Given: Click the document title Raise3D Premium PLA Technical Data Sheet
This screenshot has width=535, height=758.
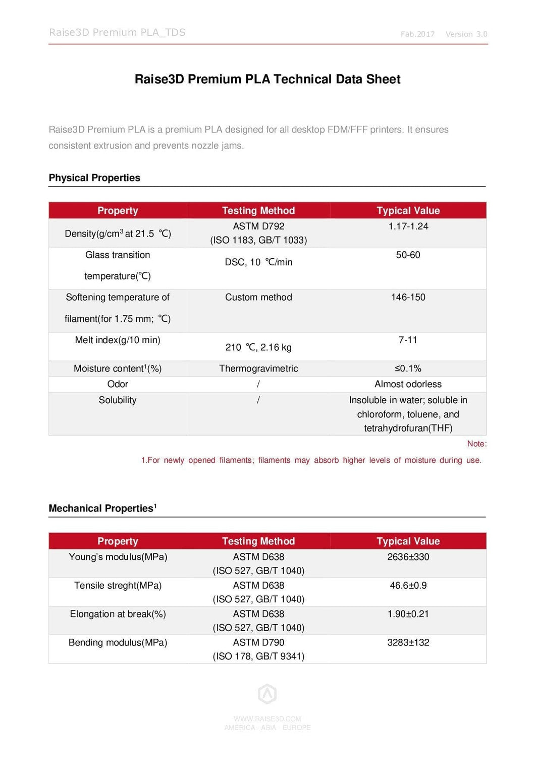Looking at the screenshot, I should point(268,79).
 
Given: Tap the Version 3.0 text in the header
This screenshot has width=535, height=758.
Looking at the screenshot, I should point(466,34).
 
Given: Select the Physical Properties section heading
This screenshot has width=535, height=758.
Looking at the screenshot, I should point(94,178).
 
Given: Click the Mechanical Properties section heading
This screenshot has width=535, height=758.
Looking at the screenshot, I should point(102,508).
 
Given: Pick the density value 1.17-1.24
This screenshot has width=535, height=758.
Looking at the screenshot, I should point(408,226).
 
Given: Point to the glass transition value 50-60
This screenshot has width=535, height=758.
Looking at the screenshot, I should point(408,255).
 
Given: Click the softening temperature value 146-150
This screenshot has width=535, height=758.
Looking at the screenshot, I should point(408,298).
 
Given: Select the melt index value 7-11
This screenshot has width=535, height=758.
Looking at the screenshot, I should point(408,340).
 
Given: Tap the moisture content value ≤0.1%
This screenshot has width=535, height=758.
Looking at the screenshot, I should point(408,369).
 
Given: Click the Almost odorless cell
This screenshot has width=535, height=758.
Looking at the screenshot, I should point(408,385).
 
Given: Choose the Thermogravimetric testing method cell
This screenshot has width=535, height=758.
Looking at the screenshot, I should point(258,369).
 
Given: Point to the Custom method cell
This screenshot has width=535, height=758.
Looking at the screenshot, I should point(258,298).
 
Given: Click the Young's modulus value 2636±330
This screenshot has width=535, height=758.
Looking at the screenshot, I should point(408,557).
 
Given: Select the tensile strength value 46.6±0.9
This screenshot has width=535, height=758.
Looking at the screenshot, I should point(408,586).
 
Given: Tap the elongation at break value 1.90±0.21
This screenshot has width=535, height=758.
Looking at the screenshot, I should point(408,614).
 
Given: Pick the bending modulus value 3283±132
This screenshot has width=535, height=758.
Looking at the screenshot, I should point(408,643).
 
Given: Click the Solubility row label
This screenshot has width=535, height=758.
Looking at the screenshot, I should point(118,400).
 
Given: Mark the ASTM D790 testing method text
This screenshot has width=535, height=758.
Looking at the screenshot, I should point(258,643).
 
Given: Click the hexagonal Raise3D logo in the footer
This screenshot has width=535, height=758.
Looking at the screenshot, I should point(267,694).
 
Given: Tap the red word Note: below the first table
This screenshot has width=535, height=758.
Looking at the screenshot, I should point(476,444).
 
